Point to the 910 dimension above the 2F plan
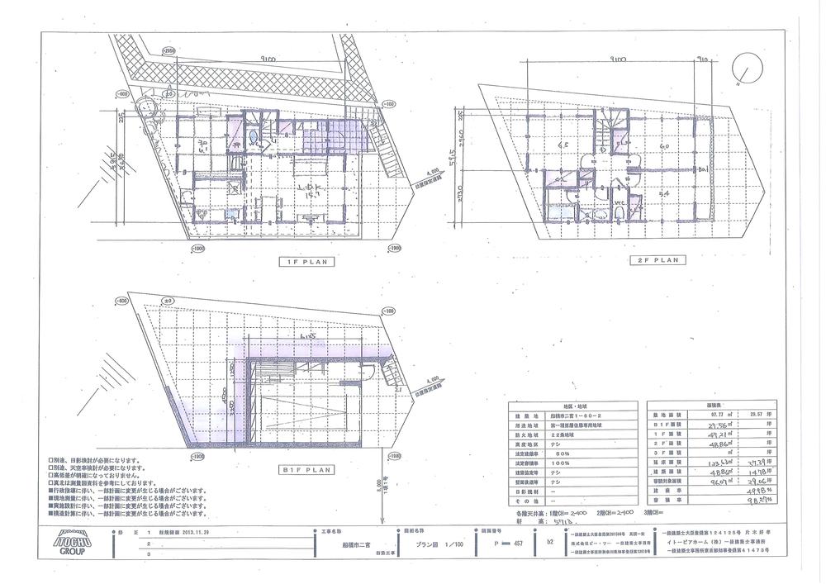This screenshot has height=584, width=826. pyautogui.click(x=704, y=59)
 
